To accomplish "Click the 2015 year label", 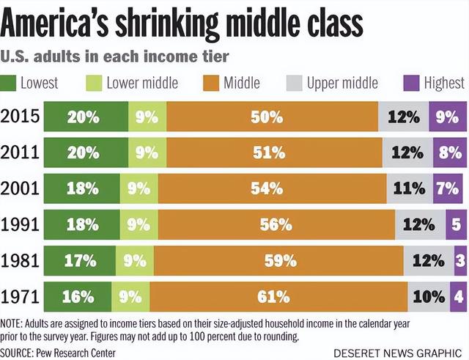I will tap(21, 117).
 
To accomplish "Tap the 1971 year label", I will tap(21, 297).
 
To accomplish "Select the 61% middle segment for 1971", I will tap(278, 297).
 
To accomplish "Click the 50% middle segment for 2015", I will tap(272, 117).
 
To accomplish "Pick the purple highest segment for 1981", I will tap(459, 261).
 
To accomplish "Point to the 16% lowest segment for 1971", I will tap(78, 297).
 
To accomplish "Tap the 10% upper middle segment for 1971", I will tap(428, 297).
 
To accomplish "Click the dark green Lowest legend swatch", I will tap(8, 83).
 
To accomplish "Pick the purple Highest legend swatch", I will tap(410, 83).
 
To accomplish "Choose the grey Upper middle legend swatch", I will tap(293, 83).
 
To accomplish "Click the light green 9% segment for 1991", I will tap(138, 225).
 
